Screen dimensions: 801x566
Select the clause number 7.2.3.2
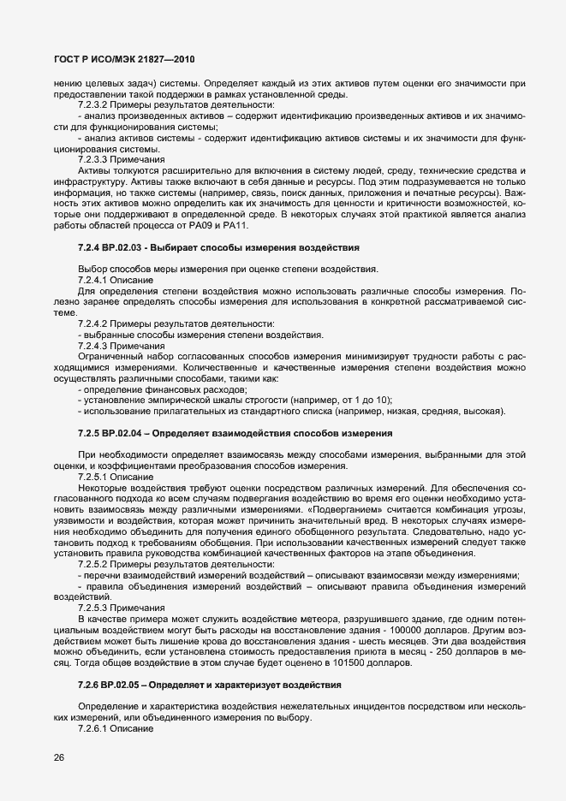(x=94, y=105)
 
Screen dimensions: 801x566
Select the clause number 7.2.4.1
(x=94, y=280)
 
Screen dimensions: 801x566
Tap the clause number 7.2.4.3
(x=94, y=347)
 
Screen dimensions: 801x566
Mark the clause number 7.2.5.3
(x=94, y=608)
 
